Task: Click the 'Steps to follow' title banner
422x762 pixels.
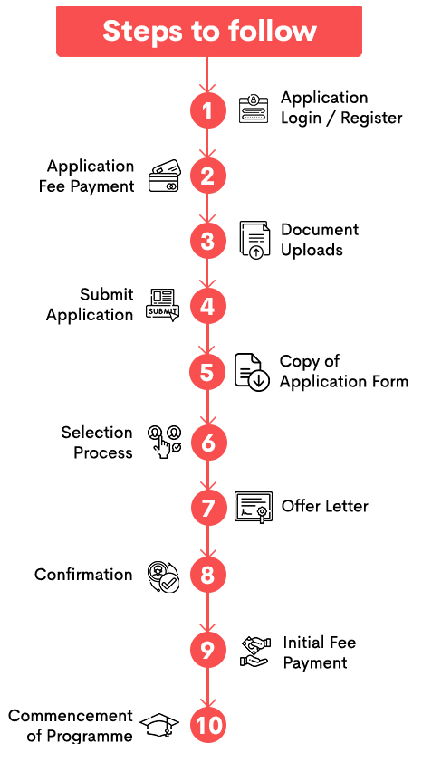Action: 209,32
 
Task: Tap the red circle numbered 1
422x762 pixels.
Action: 207,110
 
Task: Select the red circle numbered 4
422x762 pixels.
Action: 207,307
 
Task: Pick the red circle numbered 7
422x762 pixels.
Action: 208,508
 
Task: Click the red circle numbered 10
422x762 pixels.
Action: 208,726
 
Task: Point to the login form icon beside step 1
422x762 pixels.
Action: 254,110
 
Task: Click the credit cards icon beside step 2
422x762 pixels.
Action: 165,176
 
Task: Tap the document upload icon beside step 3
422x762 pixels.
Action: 254,240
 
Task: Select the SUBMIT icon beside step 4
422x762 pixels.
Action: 162,305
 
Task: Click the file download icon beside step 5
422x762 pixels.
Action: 252,372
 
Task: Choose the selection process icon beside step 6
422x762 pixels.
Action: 165,442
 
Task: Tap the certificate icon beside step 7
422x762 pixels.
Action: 254,508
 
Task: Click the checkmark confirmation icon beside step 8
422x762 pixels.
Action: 164,576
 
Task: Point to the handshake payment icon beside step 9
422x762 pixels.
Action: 255,652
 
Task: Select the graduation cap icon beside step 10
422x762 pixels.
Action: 159,726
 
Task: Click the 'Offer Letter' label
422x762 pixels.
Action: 325,506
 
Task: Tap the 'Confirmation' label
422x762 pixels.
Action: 83,575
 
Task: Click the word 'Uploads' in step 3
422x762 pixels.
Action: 312,250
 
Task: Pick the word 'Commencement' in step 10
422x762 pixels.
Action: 71,715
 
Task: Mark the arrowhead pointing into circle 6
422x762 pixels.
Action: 208,419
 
